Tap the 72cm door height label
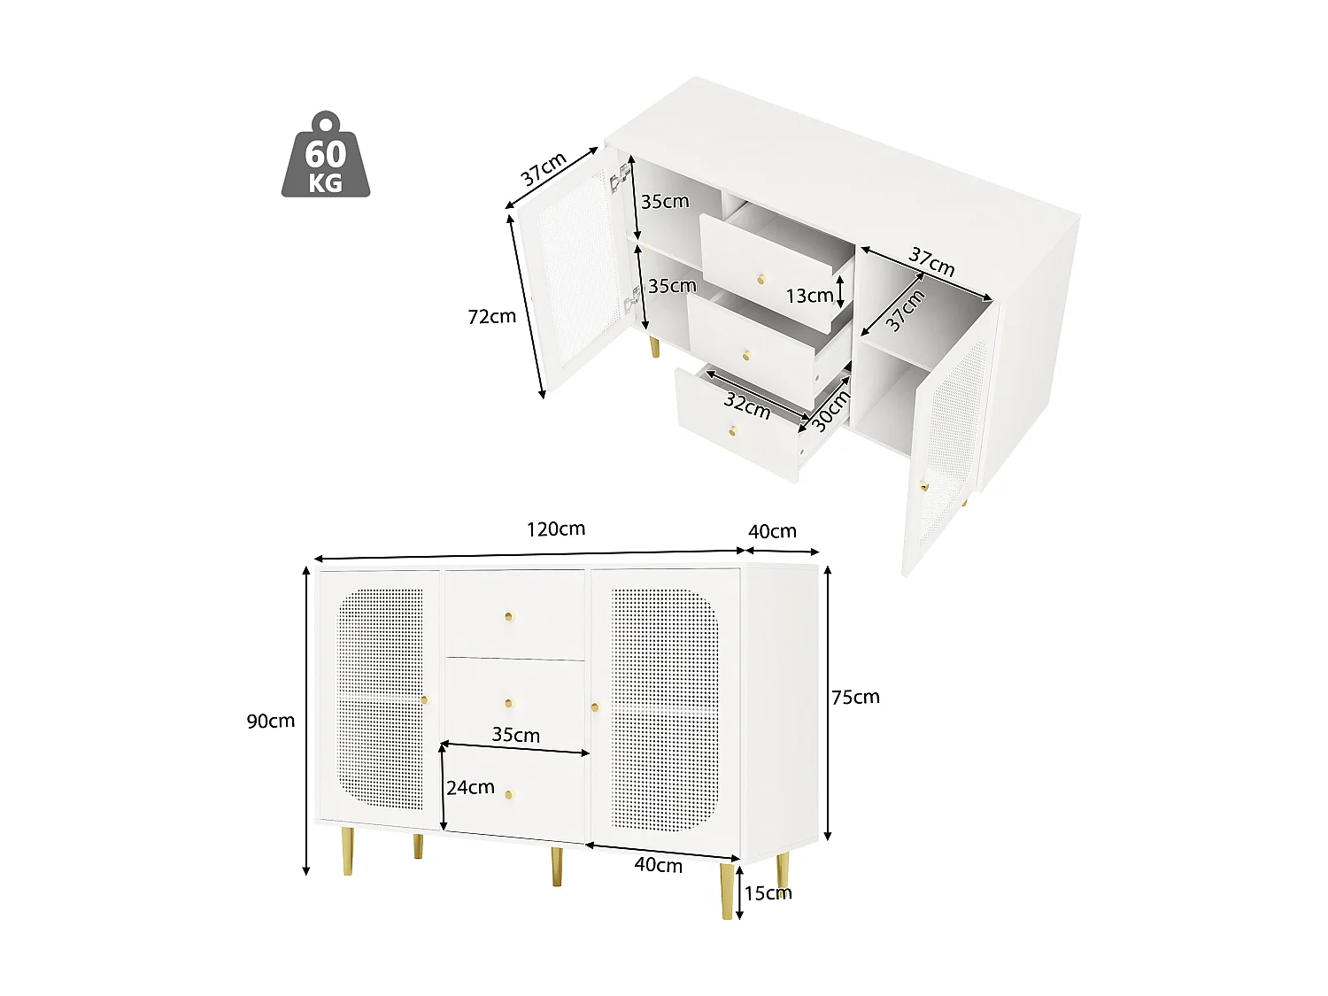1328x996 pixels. tap(491, 316)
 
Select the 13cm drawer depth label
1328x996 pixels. tap(809, 296)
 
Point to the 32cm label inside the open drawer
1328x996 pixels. tap(746, 405)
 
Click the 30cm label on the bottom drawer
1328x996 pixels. tap(830, 411)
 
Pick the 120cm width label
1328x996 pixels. tap(556, 529)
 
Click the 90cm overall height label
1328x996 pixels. tap(270, 721)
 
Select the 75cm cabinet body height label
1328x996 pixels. tap(855, 697)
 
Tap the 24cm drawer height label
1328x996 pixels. tap(470, 787)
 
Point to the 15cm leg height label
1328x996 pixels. tap(768, 892)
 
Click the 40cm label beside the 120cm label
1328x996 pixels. tap(772, 531)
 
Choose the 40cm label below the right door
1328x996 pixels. tap(658, 865)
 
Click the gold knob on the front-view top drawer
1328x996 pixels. tap(509, 616)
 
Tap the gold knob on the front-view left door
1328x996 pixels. tap(425, 700)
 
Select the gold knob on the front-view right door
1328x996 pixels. tap(595, 706)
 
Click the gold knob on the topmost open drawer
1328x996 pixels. tap(761, 280)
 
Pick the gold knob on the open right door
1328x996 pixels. tap(923, 486)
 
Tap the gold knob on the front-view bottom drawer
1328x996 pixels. tap(510, 794)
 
